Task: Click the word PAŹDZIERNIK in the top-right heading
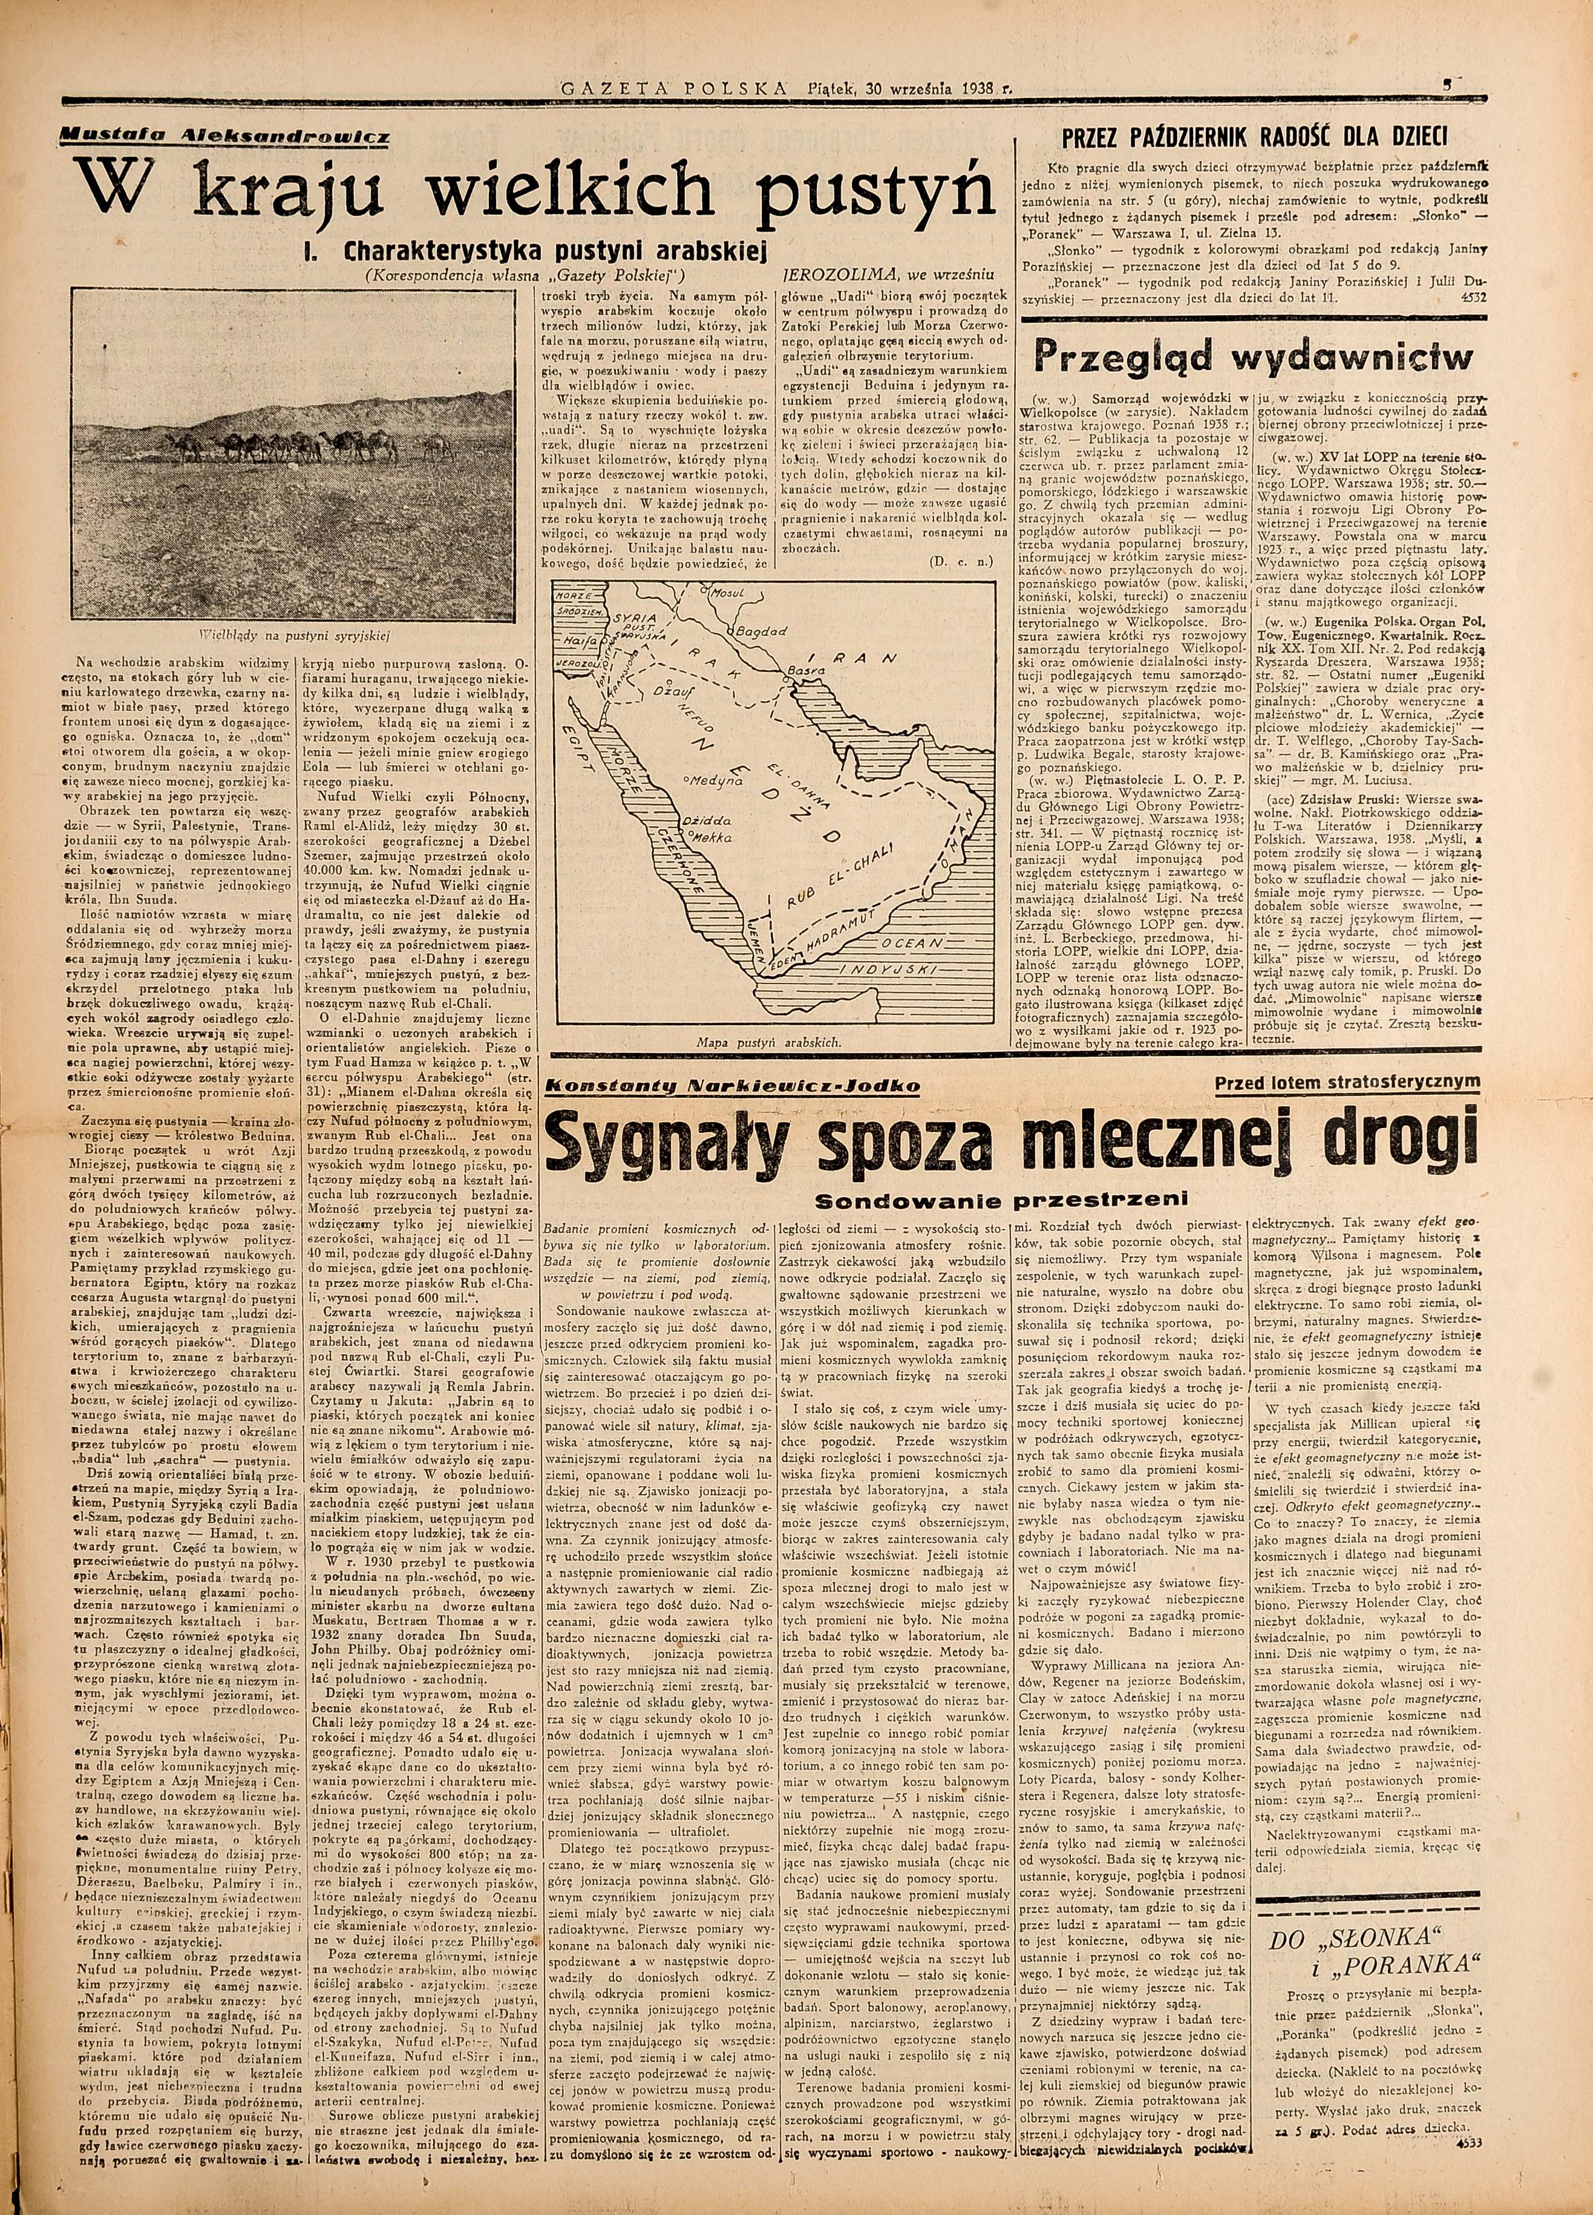1238,135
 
